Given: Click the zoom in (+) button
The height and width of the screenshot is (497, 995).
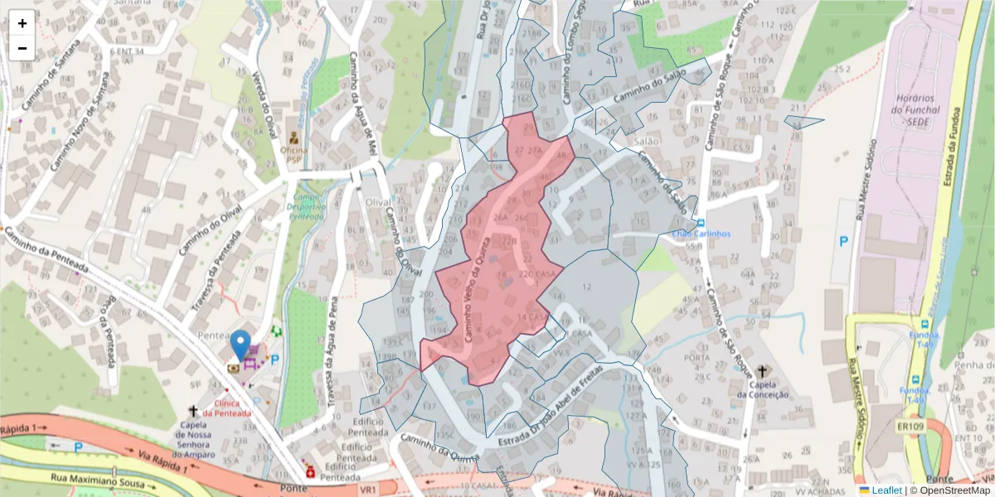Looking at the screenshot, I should coord(22,23).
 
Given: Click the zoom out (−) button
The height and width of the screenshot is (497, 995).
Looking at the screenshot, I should coord(22,48).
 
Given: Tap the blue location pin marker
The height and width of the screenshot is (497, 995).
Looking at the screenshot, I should coord(240,345).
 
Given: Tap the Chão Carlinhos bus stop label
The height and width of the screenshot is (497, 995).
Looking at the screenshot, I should coord(701,234).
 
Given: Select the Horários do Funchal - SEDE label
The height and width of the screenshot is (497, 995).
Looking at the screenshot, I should coord(916,109).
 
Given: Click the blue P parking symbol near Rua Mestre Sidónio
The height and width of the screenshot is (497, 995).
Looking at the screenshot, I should coord(844,241).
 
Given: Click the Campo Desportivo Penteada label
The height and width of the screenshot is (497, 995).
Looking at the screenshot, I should coord(304,206).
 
